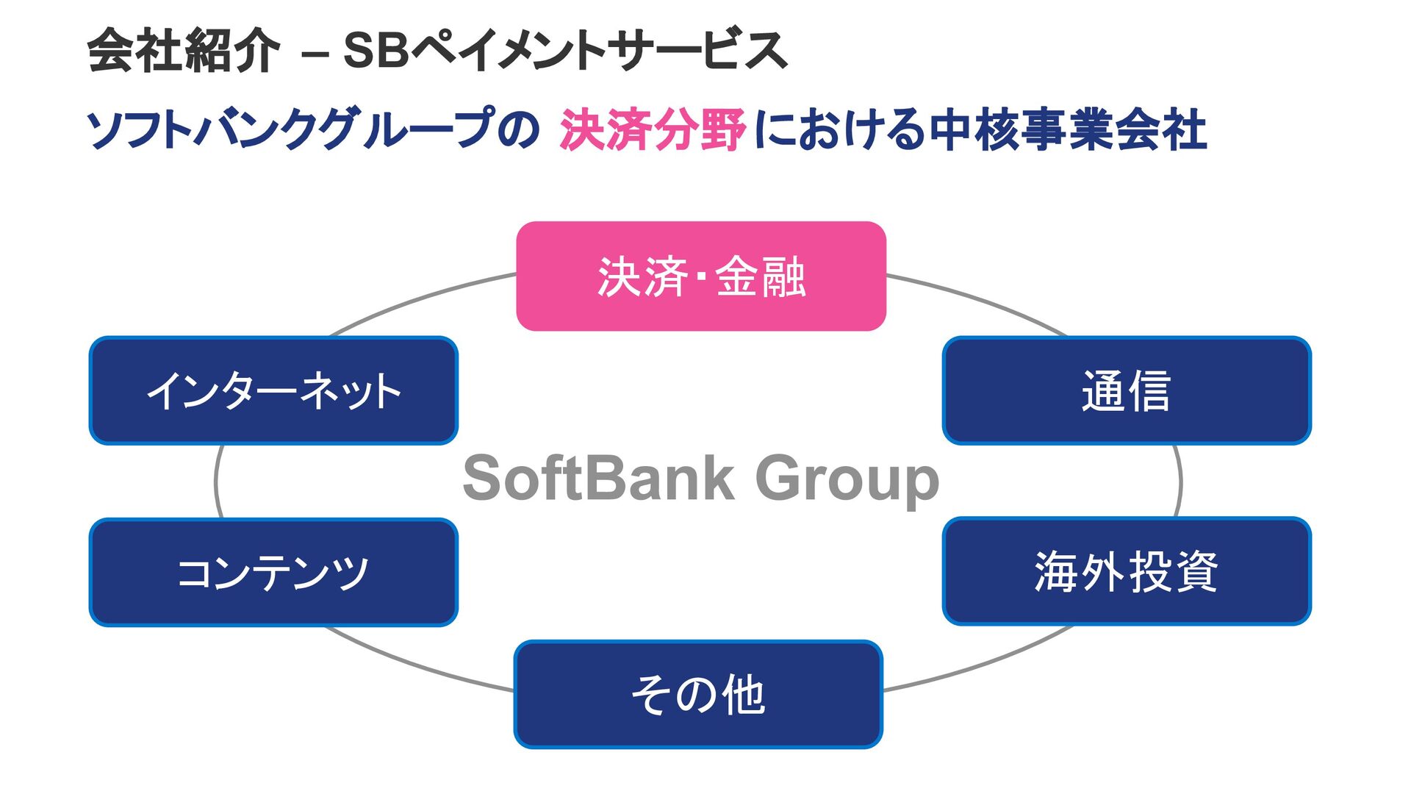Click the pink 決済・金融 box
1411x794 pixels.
point(701,276)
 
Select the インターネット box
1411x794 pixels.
point(273,390)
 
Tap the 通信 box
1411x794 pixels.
point(1126,390)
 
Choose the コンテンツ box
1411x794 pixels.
point(273,572)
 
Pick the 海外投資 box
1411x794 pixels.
point(1126,571)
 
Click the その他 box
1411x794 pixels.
point(698,694)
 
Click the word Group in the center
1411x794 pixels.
point(847,480)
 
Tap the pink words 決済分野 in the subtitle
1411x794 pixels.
point(653,129)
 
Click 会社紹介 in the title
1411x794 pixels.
point(184,51)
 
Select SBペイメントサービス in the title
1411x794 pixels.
point(564,51)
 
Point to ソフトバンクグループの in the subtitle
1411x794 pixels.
point(313,129)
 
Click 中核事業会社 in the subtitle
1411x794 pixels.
point(1067,129)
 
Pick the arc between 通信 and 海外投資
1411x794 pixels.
point(1179,482)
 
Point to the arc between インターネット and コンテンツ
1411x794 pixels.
point(216,482)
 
